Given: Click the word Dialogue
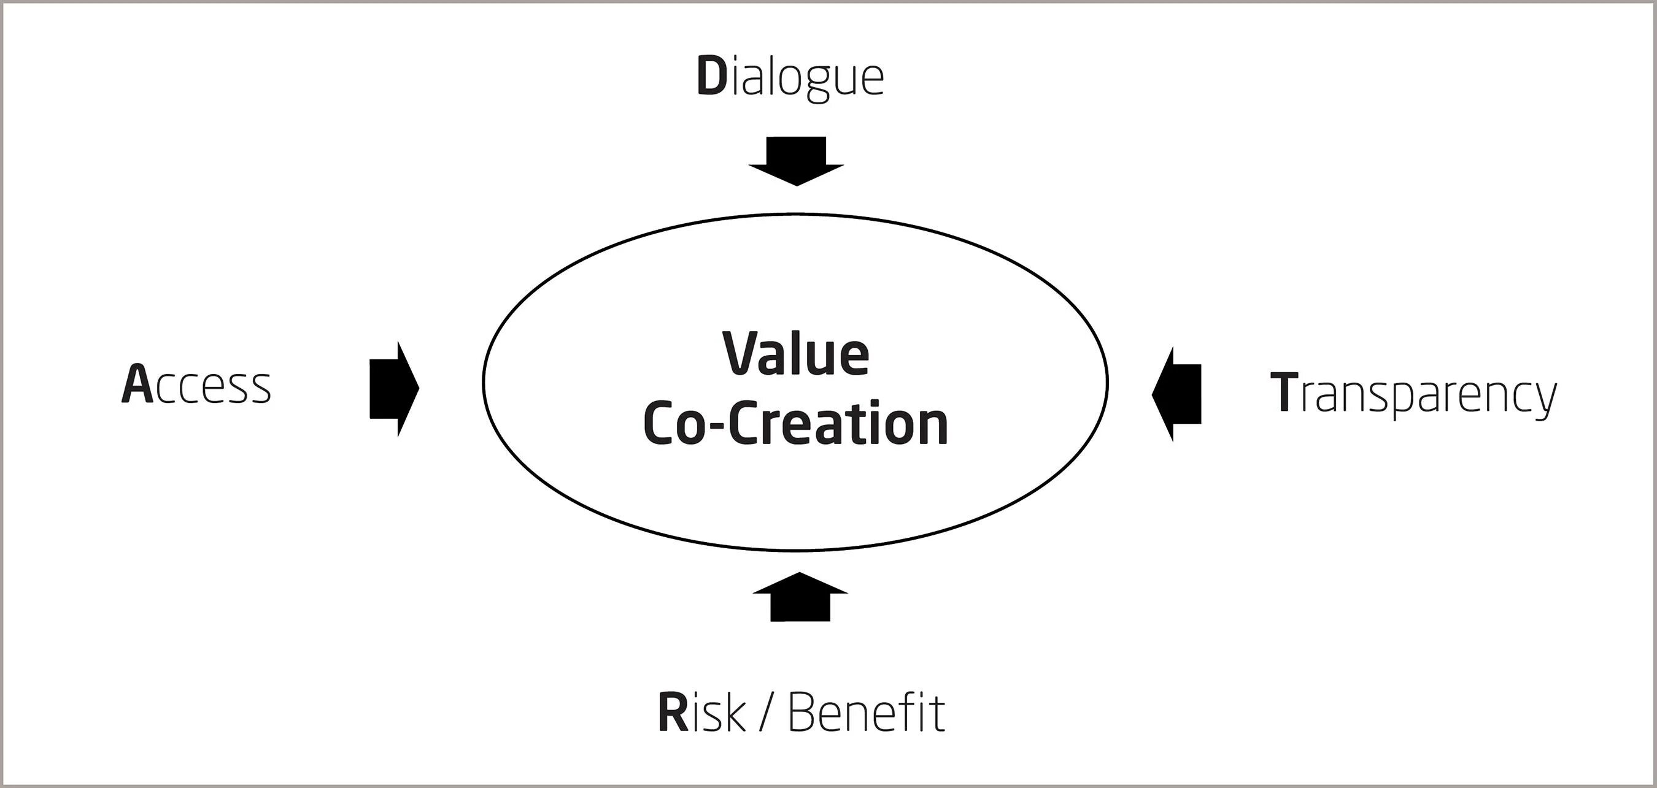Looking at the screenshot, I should pos(790,78).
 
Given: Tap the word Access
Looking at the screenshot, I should pos(196,385).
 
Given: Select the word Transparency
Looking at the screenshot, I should pos(1414,392).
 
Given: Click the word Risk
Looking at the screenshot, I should pos(701,712).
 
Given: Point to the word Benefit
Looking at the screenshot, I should pos(866,712).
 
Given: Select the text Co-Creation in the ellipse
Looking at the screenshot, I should pos(796,424).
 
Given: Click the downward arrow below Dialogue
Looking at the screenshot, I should pos(797,161).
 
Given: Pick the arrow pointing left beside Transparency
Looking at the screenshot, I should pos(1177,394).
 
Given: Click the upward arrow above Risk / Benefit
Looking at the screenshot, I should pos(800,597).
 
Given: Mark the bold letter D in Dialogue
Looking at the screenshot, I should pos(711,77).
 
